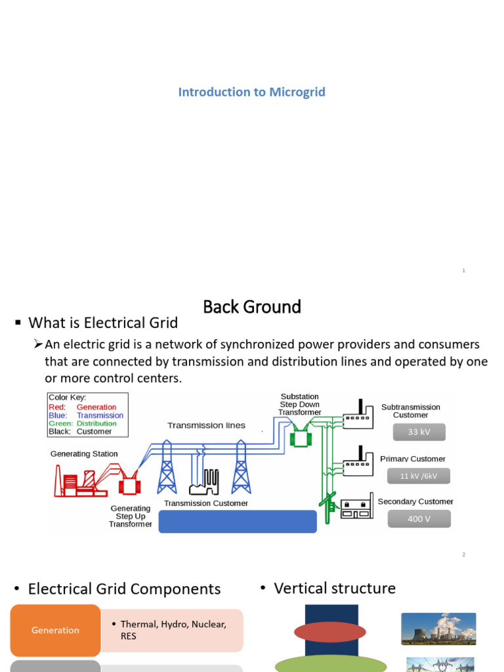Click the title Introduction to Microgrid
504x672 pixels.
click(251, 92)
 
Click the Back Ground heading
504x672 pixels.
click(252, 306)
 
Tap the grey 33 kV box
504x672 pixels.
click(419, 432)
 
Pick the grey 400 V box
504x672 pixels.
click(419, 518)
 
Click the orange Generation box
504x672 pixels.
click(55, 630)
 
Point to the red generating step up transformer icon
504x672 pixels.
click(130, 483)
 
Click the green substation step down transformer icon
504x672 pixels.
click(301, 435)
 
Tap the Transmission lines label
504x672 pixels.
click(206, 425)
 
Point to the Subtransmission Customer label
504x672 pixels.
click(410, 411)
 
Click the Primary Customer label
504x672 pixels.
click(413, 459)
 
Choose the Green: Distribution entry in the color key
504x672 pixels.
click(83, 423)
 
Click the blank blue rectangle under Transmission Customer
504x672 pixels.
click(238, 521)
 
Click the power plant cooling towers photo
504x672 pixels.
click(438, 629)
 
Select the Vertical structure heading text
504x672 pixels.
click(335, 588)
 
